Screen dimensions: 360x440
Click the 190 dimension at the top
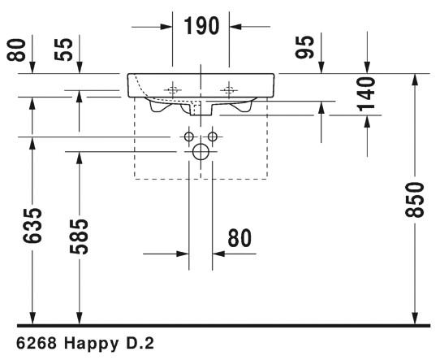(x=201, y=26)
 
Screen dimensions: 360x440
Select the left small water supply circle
(x=188, y=136)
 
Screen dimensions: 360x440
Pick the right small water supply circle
(x=214, y=136)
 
